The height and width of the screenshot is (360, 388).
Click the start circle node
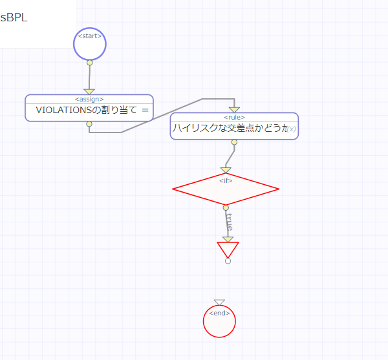tap(89, 44)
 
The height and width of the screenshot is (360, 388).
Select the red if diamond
tap(226, 189)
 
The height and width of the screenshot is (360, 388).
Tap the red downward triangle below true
tap(228, 249)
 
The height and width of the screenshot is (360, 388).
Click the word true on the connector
tap(228, 222)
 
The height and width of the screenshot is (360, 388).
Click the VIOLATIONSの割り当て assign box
tap(87, 110)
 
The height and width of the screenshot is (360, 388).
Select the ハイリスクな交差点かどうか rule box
tap(230, 129)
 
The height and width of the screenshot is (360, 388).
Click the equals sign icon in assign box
tap(145, 110)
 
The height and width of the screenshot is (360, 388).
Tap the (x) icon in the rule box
tap(292, 129)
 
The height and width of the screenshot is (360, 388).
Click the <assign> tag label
tap(89, 99)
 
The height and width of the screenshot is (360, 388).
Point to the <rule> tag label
tap(234, 117)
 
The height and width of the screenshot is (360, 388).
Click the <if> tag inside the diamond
tap(226, 180)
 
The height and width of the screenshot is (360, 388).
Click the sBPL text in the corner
tap(14, 17)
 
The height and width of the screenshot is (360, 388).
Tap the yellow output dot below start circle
tap(89, 63)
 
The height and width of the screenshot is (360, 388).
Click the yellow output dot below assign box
tap(89, 123)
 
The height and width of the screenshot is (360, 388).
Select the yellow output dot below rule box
tap(234, 142)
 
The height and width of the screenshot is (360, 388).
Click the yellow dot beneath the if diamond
tap(226, 207)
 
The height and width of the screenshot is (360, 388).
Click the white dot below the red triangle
tap(228, 261)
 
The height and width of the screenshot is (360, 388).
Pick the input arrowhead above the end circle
tap(219, 302)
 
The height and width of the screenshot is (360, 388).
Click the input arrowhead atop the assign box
tap(89, 91)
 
